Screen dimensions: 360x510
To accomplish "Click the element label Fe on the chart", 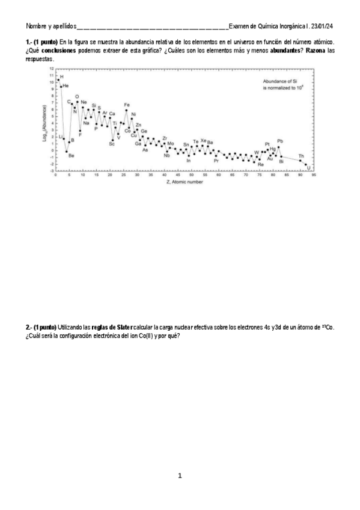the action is click(x=126, y=105).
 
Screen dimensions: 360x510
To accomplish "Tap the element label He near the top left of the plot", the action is click(x=66, y=86).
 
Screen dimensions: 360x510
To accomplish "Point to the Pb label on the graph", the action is click(x=279, y=141).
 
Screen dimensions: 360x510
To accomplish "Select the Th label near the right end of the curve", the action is click(x=301, y=156).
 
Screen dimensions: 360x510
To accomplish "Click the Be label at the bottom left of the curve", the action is click(x=71, y=156).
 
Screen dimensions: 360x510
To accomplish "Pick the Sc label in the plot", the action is click(x=112, y=144).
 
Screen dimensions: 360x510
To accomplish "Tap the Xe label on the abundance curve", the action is click(x=203, y=141).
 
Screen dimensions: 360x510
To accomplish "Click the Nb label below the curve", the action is click(x=167, y=156).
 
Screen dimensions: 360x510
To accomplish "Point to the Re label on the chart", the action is click(x=261, y=164).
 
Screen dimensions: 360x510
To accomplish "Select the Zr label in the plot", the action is click(x=165, y=138).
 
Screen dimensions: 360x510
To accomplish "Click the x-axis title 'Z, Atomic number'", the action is click(x=185, y=182).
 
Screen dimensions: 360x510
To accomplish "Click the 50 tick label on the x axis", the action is click(x=191, y=175).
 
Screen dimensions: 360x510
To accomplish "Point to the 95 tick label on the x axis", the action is click(x=314, y=175).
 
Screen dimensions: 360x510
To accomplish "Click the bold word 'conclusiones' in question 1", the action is click(x=58, y=51).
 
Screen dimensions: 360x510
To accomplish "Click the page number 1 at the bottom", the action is click(x=180, y=476).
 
